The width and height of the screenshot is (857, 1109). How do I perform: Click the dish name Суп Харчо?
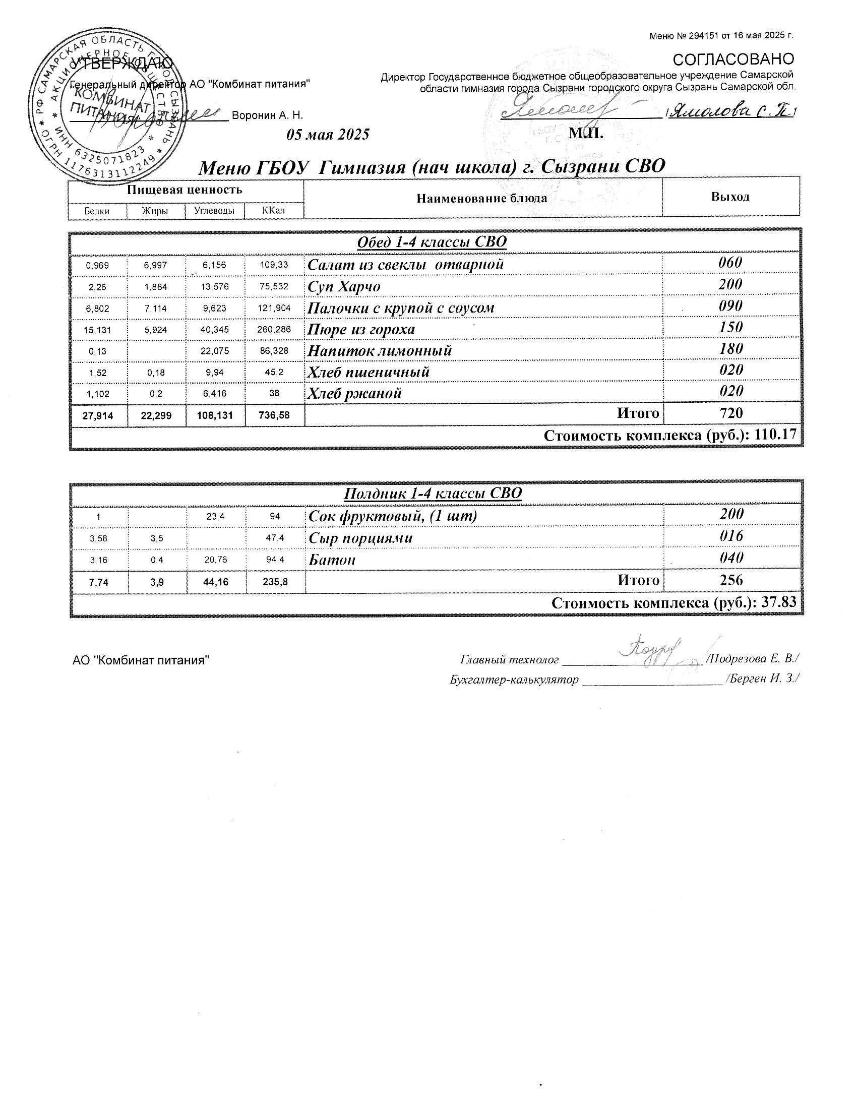tap(344, 286)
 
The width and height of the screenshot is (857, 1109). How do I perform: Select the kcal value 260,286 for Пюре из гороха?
tap(274, 329)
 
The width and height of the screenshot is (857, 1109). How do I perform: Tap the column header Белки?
tap(97, 211)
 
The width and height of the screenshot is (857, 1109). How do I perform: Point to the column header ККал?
tap(274, 210)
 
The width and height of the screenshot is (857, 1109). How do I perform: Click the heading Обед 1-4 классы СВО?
tap(432, 241)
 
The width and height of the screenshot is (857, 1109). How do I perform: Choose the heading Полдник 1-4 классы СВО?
tap(433, 493)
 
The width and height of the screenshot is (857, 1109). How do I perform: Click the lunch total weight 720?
tap(730, 413)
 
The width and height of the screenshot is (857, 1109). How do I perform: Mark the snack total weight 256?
tap(730, 580)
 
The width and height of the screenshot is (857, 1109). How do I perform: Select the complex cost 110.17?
tap(776, 435)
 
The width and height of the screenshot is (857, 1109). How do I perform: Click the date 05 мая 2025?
tap(328, 135)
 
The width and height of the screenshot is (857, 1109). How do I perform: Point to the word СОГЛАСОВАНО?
tap(732, 59)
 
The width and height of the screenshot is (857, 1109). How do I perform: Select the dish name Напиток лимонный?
tap(380, 350)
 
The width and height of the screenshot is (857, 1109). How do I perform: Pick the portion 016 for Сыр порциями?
tap(731, 536)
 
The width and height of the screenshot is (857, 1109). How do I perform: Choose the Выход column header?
tap(730, 197)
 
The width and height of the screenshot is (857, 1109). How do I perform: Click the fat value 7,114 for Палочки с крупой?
tap(155, 308)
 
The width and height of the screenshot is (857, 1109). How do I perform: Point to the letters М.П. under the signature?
tap(586, 133)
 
